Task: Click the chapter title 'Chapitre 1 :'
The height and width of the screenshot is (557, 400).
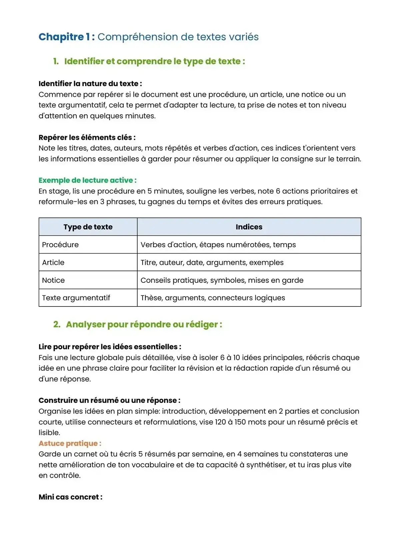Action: tap(67, 37)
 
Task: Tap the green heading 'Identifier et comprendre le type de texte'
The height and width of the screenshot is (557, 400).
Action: tap(154, 61)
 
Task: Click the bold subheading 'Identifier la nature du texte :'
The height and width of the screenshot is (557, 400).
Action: tap(90, 84)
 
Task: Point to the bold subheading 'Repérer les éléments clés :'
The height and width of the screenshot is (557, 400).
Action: tap(87, 137)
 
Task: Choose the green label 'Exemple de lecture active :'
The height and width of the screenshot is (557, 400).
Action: tap(87, 180)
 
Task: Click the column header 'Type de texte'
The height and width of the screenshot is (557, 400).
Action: tap(88, 227)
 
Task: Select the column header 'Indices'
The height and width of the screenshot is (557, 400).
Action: tap(249, 227)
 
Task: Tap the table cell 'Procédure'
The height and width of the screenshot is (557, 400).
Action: tap(60, 244)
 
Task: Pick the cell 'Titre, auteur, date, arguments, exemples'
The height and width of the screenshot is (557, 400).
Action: tap(212, 262)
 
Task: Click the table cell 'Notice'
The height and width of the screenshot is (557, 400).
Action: tap(53, 280)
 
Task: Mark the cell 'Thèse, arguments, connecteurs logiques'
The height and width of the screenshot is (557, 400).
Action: tap(213, 298)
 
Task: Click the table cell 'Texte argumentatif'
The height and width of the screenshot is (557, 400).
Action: tap(76, 298)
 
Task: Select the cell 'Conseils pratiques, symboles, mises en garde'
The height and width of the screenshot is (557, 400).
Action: tap(222, 280)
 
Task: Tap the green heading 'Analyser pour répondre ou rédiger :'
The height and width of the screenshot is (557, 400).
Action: tap(144, 325)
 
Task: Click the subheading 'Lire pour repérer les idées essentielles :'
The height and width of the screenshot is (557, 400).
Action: tap(110, 347)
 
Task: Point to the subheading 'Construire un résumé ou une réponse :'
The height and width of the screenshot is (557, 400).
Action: tap(109, 400)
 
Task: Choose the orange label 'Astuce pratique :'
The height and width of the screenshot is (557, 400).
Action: tap(70, 443)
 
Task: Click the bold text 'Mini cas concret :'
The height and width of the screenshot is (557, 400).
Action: tap(70, 497)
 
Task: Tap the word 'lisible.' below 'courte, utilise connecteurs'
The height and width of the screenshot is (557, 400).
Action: tap(49, 433)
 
